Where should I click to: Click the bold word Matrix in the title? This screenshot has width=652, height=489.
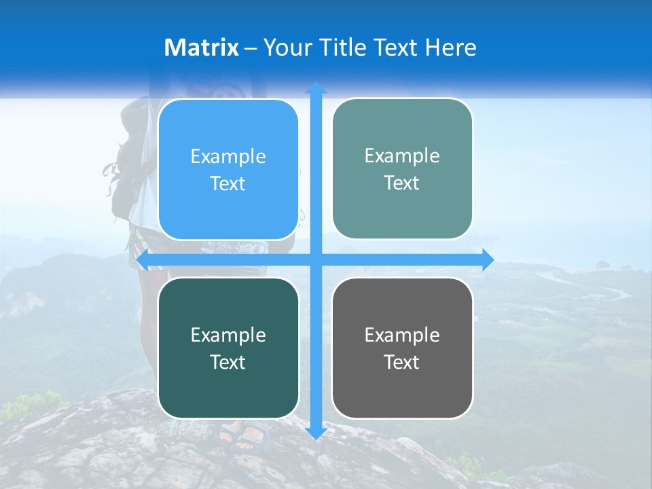point(202,48)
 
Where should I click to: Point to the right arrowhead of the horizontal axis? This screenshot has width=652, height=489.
point(487,259)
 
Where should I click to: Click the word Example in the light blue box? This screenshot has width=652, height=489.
point(228,156)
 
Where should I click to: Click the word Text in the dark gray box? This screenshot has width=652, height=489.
point(402,362)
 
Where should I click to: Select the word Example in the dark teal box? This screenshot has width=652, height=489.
point(228,335)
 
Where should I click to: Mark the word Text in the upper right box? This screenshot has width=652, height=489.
point(402,183)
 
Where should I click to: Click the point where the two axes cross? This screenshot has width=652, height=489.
point(316,259)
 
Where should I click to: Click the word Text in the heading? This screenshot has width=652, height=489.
point(396,48)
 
